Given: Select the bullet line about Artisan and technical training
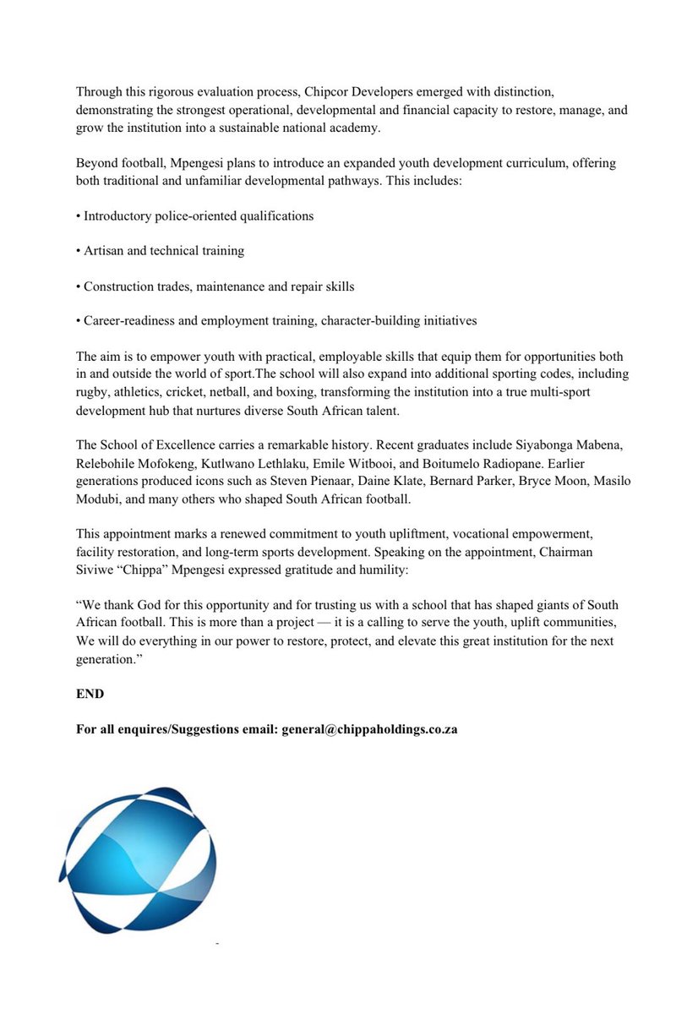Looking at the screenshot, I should coord(163,251).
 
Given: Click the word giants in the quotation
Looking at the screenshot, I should coord(543,605).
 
